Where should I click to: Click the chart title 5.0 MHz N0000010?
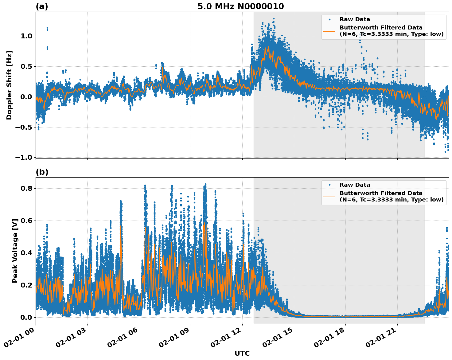[240, 6]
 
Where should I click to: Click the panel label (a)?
[42, 6]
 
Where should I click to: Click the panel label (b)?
[42, 172]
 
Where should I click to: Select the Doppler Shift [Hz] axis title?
[9, 85]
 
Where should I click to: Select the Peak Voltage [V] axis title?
[15, 251]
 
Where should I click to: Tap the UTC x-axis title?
[242, 353]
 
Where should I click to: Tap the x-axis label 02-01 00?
[20, 339]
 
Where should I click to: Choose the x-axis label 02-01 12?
[227, 339]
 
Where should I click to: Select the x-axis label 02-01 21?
[382, 339]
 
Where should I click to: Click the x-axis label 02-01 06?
[123, 339]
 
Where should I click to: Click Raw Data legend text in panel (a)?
[355, 19]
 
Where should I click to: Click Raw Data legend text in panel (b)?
[355, 185]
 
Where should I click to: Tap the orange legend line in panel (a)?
[329, 31]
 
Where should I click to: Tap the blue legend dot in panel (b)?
[329, 185]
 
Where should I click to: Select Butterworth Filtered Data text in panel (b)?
[381, 193]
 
